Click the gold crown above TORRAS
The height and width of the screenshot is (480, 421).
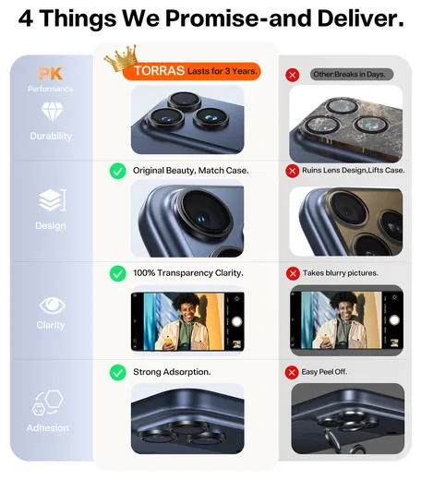(x=121, y=58)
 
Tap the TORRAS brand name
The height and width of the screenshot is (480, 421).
(x=159, y=71)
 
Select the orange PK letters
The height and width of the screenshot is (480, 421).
(x=51, y=74)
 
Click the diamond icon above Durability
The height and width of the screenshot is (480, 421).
(x=52, y=112)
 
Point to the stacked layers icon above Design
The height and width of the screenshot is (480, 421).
(x=53, y=200)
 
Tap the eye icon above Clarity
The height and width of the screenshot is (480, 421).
(x=52, y=306)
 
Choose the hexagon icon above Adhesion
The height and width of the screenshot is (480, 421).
(x=48, y=402)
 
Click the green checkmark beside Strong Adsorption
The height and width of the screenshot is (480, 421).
(x=117, y=372)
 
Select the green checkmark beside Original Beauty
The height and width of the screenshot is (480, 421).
(x=117, y=171)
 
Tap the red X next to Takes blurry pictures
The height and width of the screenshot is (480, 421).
(x=293, y=273)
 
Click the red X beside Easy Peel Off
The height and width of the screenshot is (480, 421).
(x=292, y=372)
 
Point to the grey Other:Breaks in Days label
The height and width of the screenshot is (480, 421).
(x=352, y=75)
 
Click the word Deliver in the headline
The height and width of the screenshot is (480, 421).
(x=360, y=18)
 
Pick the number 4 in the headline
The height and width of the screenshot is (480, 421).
(x=26, y=18)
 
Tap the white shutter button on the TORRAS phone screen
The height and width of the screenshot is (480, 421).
(x=236, y=322)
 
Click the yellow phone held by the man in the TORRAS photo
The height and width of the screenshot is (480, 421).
(x=168, y=340)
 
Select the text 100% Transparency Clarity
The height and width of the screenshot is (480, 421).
(x=188, y=273)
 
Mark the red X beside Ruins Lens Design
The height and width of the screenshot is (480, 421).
(x=293, y=171)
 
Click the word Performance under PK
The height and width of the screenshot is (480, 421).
(x=51, y=89)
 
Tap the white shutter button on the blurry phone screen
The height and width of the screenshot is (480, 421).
(x=394, y=320)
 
